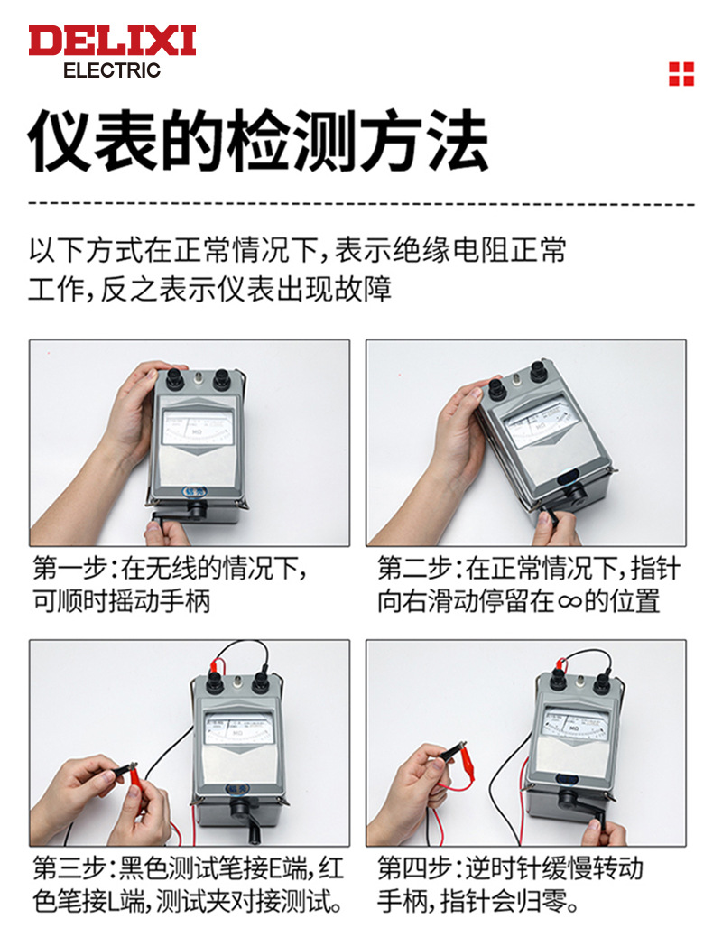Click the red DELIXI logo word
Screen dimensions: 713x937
tap(112, 41)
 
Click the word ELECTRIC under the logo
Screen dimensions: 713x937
tap(112, 70)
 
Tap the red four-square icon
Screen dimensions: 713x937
tap(681, 74)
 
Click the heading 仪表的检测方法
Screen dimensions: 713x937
tap(258, 141)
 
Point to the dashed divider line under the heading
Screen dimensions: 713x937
tap(361, 204)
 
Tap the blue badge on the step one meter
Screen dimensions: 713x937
tap(192, 491)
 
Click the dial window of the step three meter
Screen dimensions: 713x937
tap(239, 728)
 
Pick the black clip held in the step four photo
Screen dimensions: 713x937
tap(453, 751)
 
